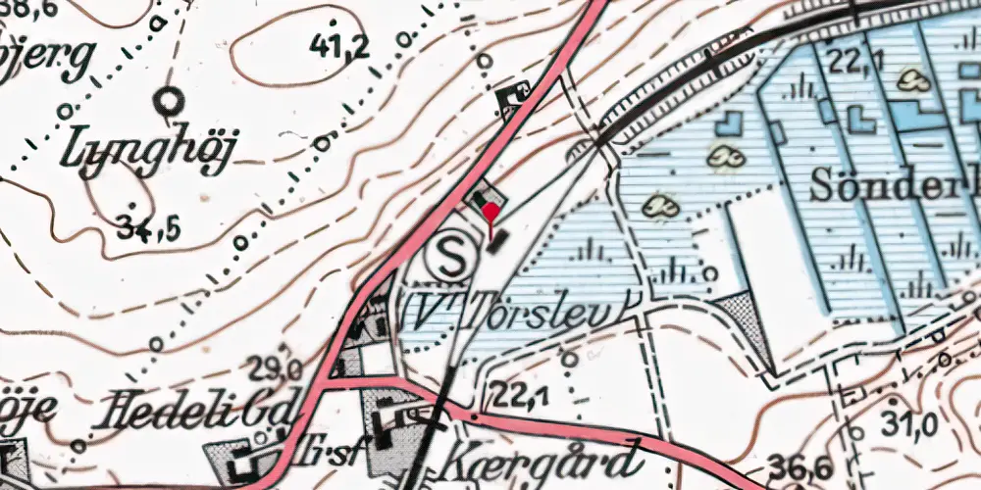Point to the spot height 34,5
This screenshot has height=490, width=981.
(148, 229)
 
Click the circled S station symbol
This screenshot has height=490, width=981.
(451, 260)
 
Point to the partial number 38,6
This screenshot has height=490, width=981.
(30, 13)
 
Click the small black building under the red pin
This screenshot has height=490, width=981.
(498, 240)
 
